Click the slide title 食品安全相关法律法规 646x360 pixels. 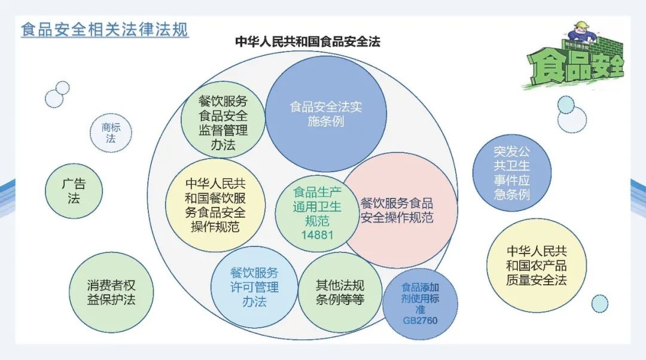coord(105,29)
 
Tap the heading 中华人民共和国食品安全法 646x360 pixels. coord(307,41)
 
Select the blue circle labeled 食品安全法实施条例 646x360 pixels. coord(326,114)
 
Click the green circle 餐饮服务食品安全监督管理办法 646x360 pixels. coord(223,122)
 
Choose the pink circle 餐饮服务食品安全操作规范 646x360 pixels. coord(397,209)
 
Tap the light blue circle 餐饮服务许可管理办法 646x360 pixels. coord(254,287)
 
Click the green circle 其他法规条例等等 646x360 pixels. coord(340,292)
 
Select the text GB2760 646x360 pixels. coord(420,321)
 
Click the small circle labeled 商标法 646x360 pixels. coord(111,133)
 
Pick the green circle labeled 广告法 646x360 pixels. coord(74,191)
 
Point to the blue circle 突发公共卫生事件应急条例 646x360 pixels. coord(511,172)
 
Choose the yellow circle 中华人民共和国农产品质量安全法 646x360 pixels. coord(536,265)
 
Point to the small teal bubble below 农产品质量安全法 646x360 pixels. coord(599,303)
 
